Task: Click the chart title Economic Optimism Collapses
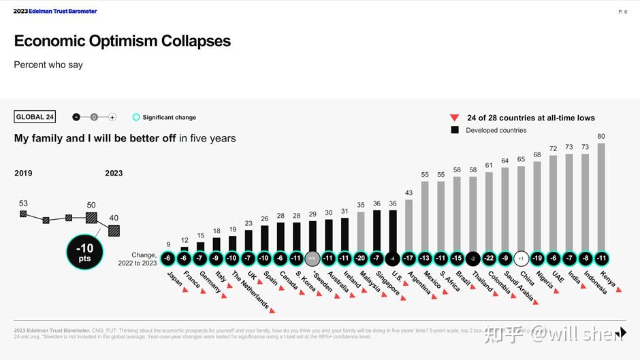[x=123, y=41]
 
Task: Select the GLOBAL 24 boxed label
[x=35, y=117]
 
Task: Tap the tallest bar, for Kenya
[x=601, y=197]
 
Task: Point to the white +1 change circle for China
[x=521, y=259]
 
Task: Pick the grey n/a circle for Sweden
[x=313, y=259]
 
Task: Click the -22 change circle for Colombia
[x=489, y=259]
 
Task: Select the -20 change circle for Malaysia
[x=361, y=259]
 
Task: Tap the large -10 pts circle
[x=85, y=252]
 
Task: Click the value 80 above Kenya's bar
[x=601, y=136]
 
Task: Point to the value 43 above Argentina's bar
[x=409, y=193]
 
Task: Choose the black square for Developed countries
[x=455, y=130]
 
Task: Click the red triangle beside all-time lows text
[x=455, y=118]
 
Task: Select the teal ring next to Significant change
[x=136, y=117]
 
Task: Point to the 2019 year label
[x=23, y=173]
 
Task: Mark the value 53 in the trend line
[x=23, y=203]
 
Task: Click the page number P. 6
[x=622, y=12]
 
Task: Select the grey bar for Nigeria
[x=537, y=207]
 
